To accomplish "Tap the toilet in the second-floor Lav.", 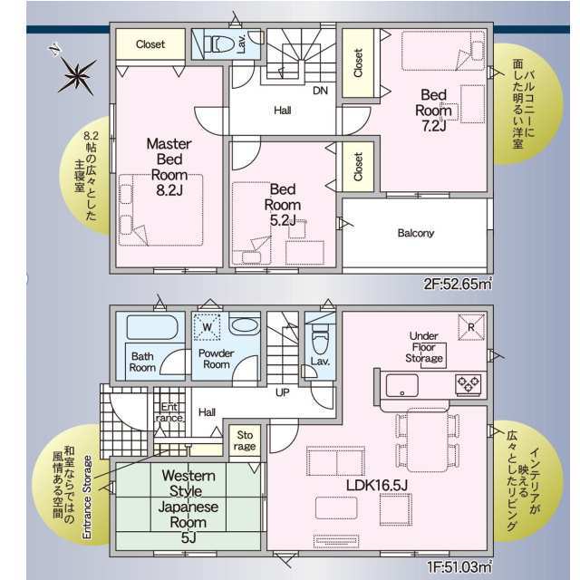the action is pyautogui.click(x=218, y=45).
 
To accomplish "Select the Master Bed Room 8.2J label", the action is pyautogui.click(x=169, y=167).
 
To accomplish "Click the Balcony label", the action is pyautogui.click(x=415, y=233).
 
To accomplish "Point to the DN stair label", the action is pyautogui.click(x=320, y=91).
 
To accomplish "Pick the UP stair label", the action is pyautogui.click(x=283, y=392).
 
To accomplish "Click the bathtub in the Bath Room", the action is pyautogui.click(x=152, y=327).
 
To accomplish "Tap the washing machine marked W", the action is pyautogui.click(x=208, y=326).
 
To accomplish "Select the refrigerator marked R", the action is pyautogui.click(x=471, y=327).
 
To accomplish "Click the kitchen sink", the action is pyautogui.click(x=402, y=385).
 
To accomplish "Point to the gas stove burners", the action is pyautogui.click(x=468, y=383).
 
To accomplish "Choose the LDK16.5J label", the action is pyautogui.click(x=377, y=486).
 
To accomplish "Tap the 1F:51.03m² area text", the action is pyautogui.click(x=459, y=566).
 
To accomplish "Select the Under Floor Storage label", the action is pyautogui.click(x=424, y=347).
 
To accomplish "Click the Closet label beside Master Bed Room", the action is pyautogui.click(x=150, y=44).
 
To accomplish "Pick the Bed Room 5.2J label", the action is pyautogui.click(x=283, y=205).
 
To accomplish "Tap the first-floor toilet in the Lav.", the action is pyautogui.click(x=320, y=338).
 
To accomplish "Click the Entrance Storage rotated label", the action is pyautogui.click(x=87, y=498).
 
